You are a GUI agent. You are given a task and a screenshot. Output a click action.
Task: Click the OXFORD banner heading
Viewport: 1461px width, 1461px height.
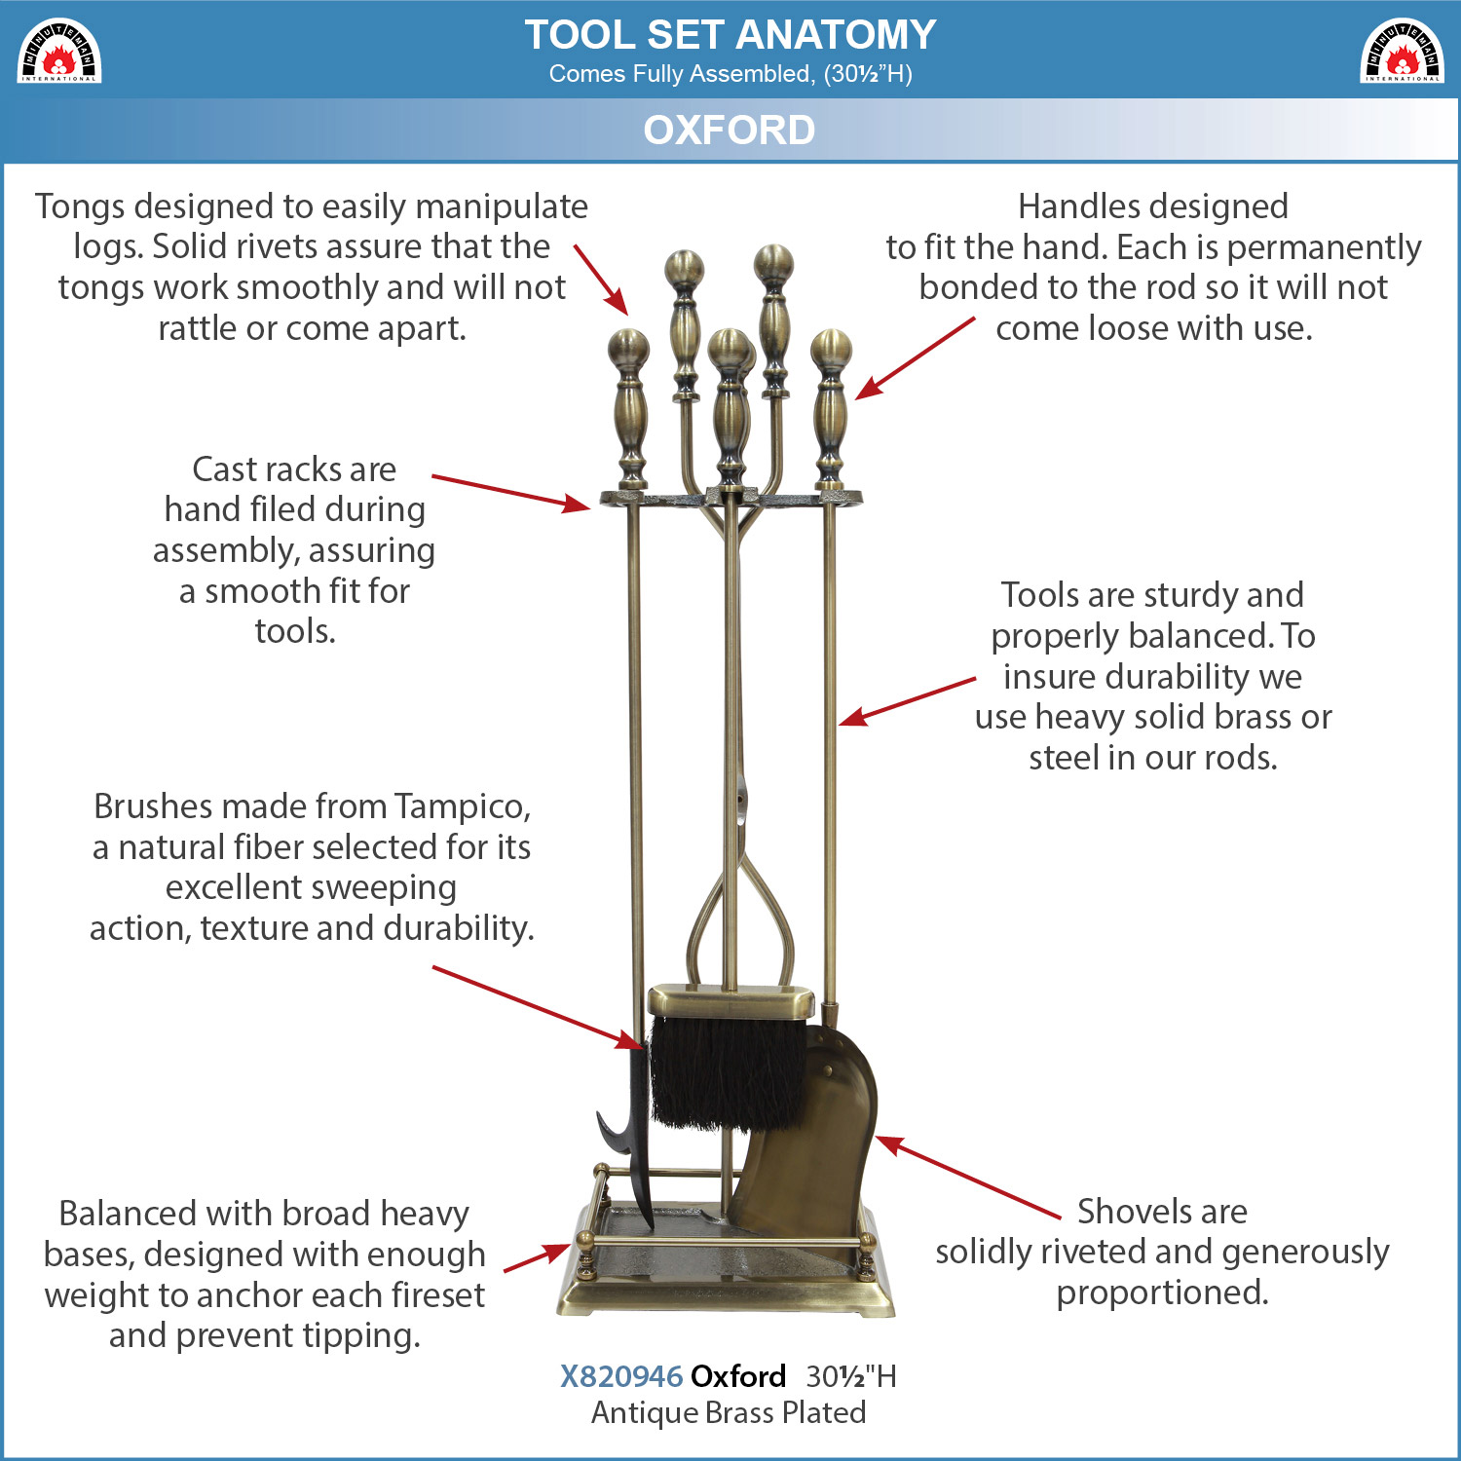[x=730, y=130]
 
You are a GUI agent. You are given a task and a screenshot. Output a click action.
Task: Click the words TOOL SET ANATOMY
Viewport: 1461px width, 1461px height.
[x=730, y=35]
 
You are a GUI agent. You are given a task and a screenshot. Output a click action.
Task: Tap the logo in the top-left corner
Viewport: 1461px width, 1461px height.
[x=59, y=52]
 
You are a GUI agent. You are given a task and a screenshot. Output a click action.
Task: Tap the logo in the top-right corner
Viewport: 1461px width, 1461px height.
[x=1402, y=52]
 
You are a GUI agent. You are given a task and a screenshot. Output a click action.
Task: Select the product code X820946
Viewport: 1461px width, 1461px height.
[x=621, y=1376]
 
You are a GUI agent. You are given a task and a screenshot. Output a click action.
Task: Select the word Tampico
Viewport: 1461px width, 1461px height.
[x=463, y=807]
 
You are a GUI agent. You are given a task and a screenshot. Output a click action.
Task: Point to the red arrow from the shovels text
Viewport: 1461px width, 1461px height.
[x=968, y=1177]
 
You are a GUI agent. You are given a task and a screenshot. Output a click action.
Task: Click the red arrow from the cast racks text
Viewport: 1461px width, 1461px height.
[x=511, y=493]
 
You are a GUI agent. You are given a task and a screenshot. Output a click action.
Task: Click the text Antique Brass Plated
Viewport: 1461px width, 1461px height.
[x=729, y=1412]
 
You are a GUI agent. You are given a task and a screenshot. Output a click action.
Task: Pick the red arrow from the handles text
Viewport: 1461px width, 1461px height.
[x=916, y=357]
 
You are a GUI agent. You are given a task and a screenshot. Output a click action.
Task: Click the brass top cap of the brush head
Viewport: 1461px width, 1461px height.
[x=731, y=1002]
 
